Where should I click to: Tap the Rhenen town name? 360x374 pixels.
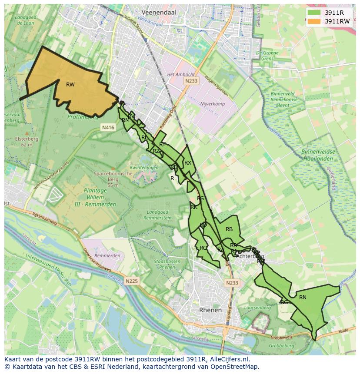[x=210, y=310]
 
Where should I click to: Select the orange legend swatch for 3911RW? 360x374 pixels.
[x=313, y=21]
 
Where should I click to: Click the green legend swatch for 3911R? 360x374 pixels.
[x=313, y=13]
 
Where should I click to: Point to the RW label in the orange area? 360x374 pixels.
[x=70, y=85]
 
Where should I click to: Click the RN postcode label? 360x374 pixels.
[x=303, y=298]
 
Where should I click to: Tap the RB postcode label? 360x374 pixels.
[x=229, y=229]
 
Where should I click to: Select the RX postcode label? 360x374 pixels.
[x=188, y=163]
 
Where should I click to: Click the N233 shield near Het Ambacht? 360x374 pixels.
[x=191, y=81]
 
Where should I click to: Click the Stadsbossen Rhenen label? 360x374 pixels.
[x=167, y=264]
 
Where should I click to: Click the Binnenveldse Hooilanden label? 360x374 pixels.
[x=319, y=155]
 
